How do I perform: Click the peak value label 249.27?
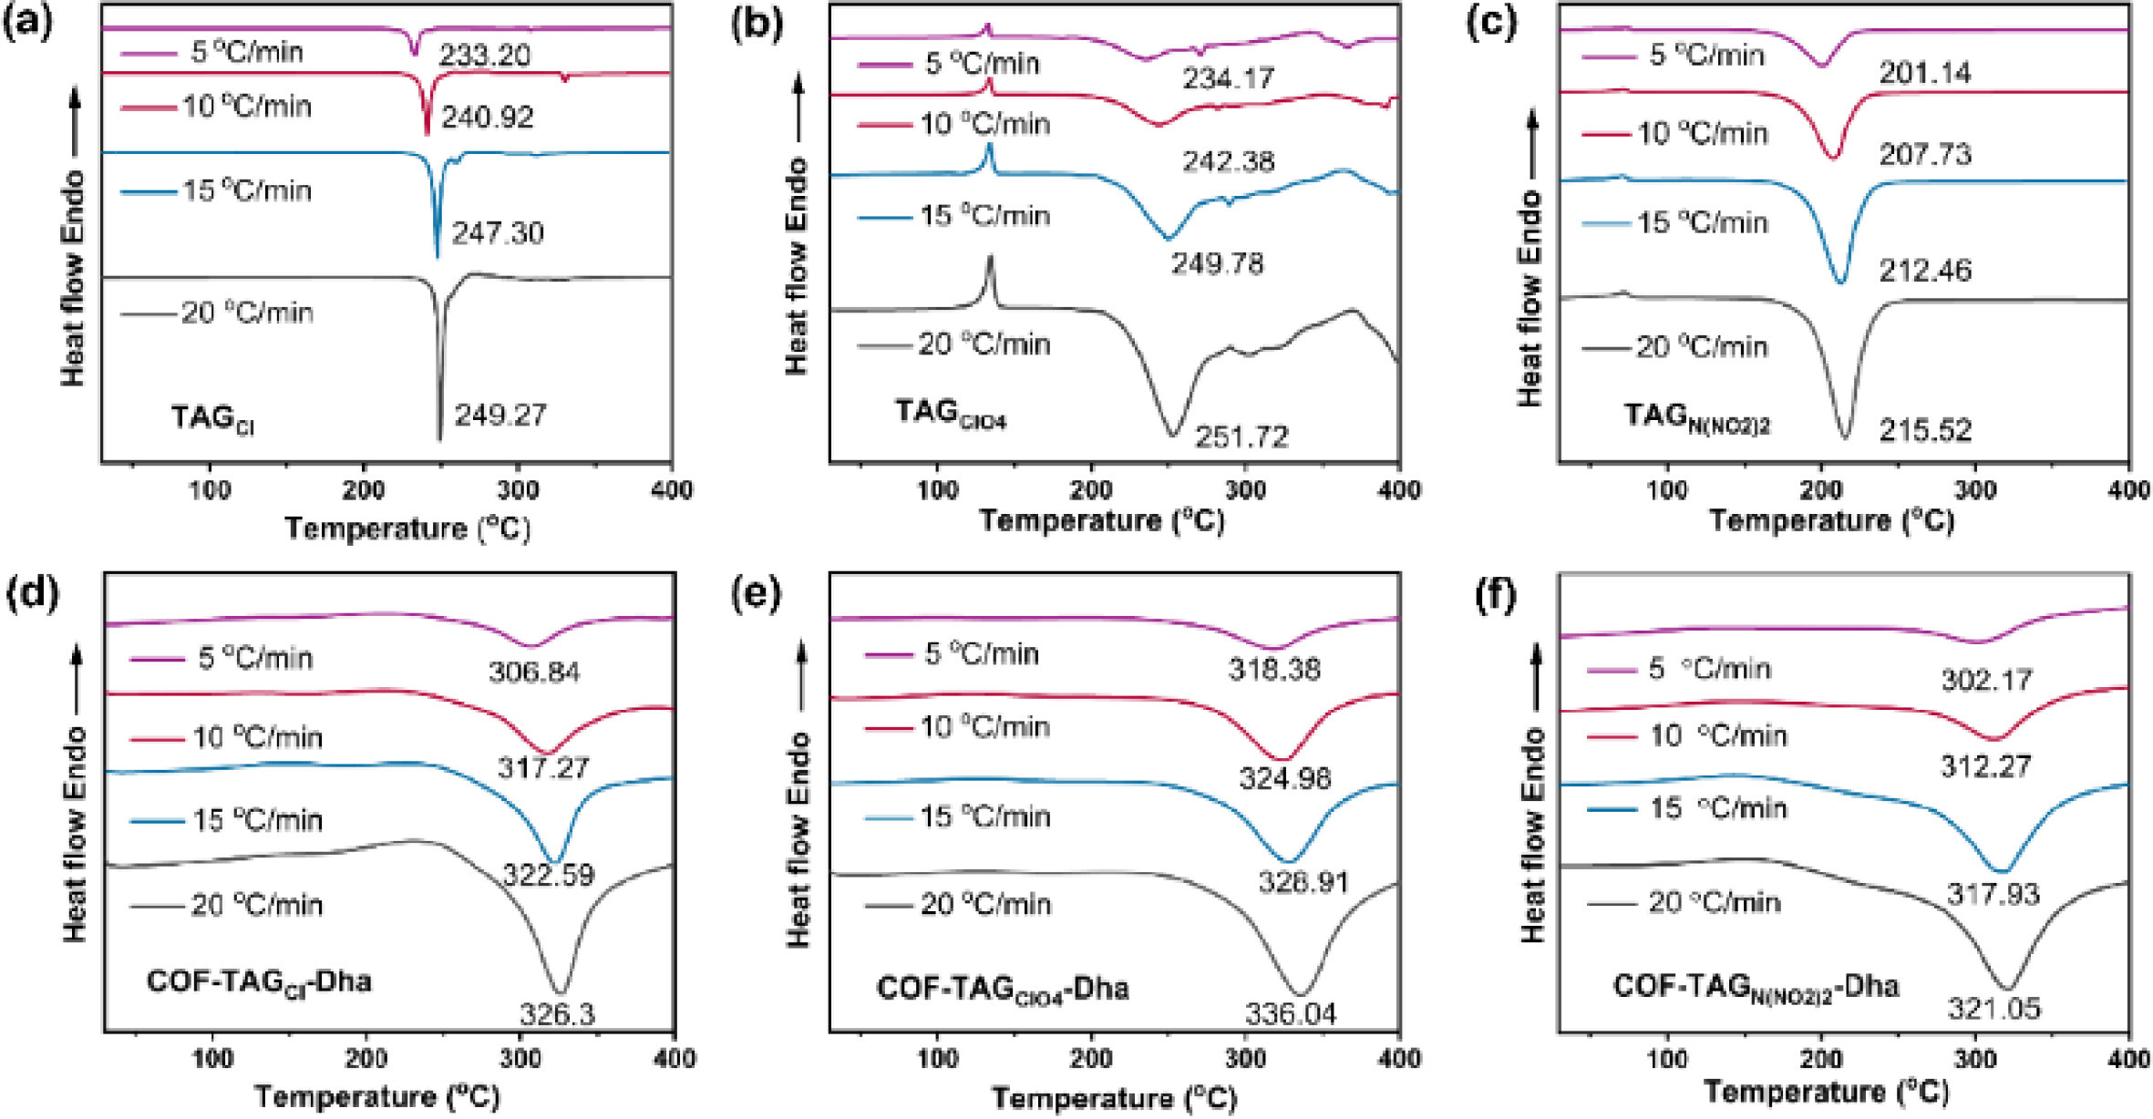click(500, 416)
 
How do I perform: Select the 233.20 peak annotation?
click(484, 56)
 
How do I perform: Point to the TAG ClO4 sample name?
click(950, 415)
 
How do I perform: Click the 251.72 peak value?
click(1242, 437)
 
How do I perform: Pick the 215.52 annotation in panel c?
click(1925, 430)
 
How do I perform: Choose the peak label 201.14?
click(1925, 72)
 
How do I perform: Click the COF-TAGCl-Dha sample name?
click(259, 981)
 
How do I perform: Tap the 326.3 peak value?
click(557, 1013)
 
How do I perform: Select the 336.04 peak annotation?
click(1291, 1013)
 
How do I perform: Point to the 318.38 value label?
click(1273, 670)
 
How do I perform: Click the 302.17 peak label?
click(1986, 680)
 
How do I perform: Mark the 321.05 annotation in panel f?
click(1994, 1008)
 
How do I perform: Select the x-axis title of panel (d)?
click(376, 1096)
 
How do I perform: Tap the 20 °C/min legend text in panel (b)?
click(984, 344)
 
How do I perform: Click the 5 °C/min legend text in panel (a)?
click(246, 52)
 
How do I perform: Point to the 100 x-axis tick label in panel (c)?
click(1667, 490)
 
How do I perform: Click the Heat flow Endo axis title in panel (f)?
click(1533, 834)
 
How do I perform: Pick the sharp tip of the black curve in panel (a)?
click(439, 440)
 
